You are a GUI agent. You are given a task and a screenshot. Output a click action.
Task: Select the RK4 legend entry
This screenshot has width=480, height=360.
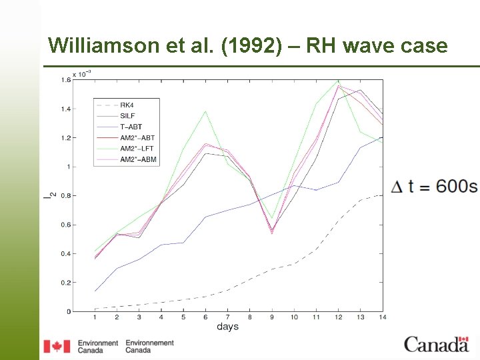(x=127, y=105)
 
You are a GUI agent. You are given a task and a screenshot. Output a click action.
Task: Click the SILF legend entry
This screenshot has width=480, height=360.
(x=128, y=116)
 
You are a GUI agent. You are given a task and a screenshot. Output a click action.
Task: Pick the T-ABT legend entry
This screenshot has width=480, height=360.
(x=131, y=127)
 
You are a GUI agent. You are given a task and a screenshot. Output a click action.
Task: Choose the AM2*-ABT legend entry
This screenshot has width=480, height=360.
(x=137, y=138)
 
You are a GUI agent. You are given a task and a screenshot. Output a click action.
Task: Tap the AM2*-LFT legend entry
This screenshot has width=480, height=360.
(x=137, y=149)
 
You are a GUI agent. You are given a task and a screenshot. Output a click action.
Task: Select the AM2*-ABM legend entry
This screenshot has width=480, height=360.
(x=137, y=160)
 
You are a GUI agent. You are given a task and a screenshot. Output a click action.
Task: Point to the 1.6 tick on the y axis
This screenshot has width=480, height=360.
(x=66, y=80)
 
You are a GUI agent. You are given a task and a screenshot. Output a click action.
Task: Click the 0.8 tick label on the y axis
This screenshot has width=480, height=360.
(x=66, y=196)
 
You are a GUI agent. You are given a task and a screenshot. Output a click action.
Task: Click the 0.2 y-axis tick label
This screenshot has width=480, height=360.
(x=66, y=283)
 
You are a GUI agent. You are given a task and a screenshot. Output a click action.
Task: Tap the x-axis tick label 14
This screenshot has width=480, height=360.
(x=383, y=318)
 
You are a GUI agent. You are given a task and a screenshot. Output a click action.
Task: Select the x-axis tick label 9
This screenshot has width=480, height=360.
(x=272, y=318)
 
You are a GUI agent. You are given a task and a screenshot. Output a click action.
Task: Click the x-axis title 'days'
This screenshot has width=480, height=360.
(x=227, y=327)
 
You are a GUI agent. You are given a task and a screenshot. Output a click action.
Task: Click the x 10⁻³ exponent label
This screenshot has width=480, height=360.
(x=82, y=73)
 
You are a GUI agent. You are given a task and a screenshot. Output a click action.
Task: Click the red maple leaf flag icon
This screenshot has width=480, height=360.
(x=57, y=346)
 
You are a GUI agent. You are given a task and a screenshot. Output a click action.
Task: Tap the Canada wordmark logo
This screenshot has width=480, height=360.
(x=436, y=345)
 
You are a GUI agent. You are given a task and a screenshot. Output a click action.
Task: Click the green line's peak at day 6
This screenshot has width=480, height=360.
(x=205, y=111)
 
